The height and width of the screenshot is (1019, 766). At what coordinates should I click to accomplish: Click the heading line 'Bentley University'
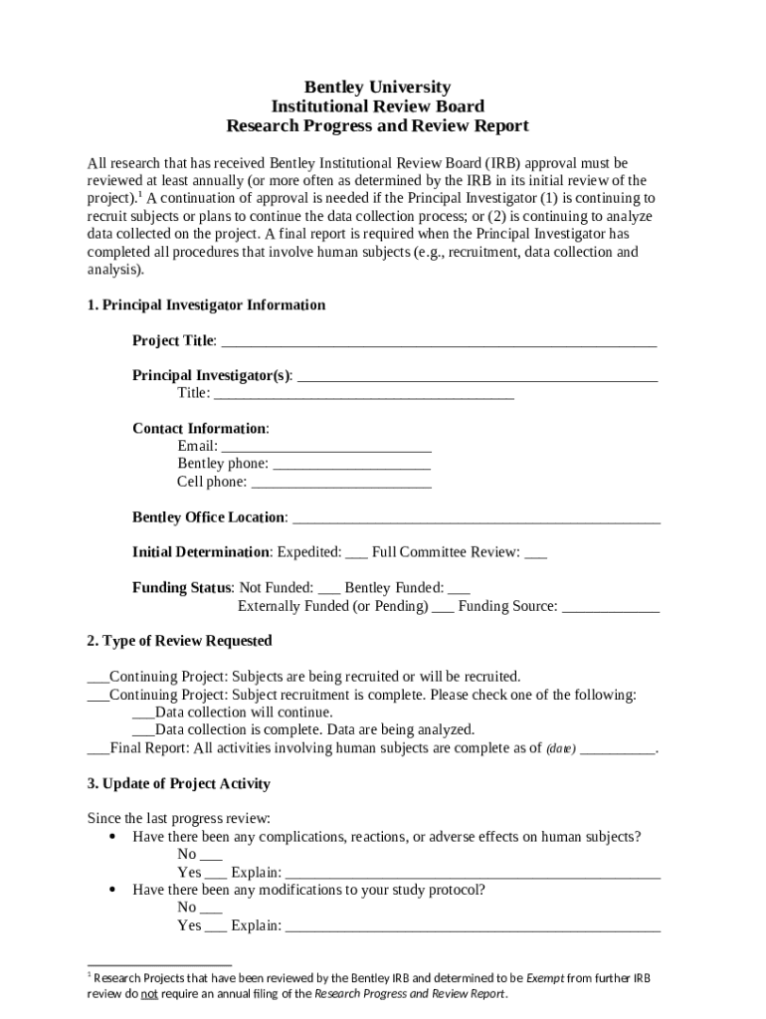point(377,88)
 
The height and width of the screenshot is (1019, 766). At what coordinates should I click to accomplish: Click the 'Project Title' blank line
point(438,342)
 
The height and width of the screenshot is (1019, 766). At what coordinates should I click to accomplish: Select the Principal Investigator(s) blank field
point(478,377)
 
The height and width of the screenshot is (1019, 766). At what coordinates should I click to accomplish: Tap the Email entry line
point(326,448)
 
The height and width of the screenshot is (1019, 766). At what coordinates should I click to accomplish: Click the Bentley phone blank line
point(351,466)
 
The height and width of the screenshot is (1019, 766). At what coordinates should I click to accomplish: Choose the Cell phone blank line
point(341,484)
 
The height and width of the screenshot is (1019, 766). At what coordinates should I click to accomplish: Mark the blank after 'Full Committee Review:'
point(535,554)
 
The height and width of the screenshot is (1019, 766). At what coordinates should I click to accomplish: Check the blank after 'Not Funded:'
point(329,590)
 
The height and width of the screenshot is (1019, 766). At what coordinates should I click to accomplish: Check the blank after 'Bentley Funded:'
point(460,590)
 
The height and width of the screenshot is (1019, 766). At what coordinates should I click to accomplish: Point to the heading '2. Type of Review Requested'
point(179,641)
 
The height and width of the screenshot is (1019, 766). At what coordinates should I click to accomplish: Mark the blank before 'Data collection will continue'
point(143,714)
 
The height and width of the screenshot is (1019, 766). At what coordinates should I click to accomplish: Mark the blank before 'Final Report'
point(98,750)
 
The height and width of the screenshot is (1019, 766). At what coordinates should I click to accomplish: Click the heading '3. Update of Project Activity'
point(178,784)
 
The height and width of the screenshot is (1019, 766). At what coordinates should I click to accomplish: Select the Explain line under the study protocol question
point(473,927)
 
